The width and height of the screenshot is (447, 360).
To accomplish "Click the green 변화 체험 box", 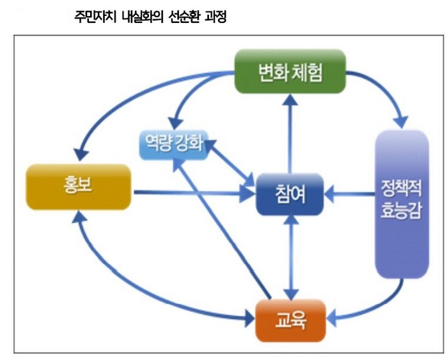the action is tap(290, 71).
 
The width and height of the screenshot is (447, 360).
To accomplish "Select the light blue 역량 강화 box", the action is tap(173, 145).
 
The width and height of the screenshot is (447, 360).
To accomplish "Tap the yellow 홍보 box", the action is tap(79, 187).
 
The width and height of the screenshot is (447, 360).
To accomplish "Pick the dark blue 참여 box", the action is tap(290, 194).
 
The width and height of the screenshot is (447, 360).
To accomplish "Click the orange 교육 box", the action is tap(290, 320).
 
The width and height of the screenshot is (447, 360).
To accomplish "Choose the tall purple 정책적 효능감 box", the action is tap(402, 204).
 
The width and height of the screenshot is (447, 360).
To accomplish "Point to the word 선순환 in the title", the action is tap(182, 17).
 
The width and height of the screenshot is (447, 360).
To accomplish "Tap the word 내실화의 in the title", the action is tap(142, 17).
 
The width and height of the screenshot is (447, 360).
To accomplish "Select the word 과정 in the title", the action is tap(216, 17).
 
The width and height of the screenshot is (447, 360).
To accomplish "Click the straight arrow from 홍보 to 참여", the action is tap(194, 193).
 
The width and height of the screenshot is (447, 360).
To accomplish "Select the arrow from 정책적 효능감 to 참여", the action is tap(350, 194).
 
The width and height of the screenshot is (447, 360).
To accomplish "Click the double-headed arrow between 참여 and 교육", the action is tap(291, 258).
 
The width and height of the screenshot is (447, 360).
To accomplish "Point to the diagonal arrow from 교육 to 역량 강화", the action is tap(222, 229).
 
